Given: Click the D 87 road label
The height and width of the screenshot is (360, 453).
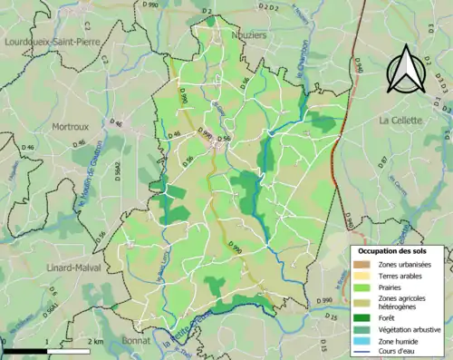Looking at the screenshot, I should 381,162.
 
